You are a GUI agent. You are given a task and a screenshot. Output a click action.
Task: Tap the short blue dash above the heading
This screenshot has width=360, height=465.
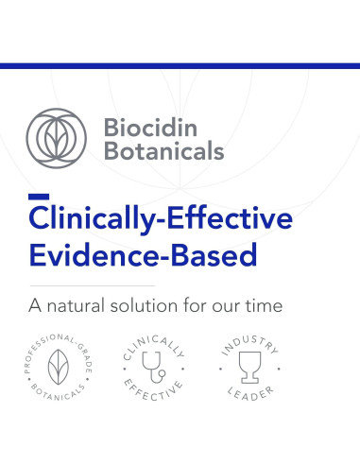[x=39, y=197]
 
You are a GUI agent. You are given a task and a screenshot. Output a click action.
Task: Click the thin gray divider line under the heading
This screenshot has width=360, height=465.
[x=92, y=284]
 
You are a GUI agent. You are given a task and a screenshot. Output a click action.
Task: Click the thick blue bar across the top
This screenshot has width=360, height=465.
[x=180, y=66]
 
